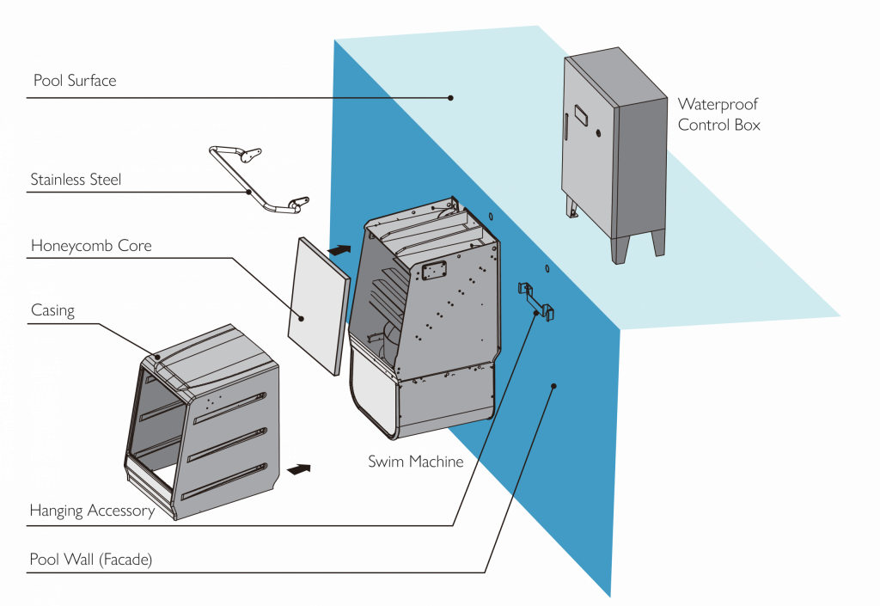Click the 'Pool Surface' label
coord(74,82)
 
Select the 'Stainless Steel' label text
coord(76,180)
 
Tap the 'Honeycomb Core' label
coord(90,246)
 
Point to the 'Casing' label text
coord(52,310)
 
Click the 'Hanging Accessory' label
coord(91,511)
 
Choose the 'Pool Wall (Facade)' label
coord(90,560)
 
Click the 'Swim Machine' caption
coord(416,462)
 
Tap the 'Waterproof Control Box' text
coord(718,114)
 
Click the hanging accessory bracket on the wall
coord(535,297)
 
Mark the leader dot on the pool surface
coord(450,98)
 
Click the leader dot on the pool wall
coord(554,386)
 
